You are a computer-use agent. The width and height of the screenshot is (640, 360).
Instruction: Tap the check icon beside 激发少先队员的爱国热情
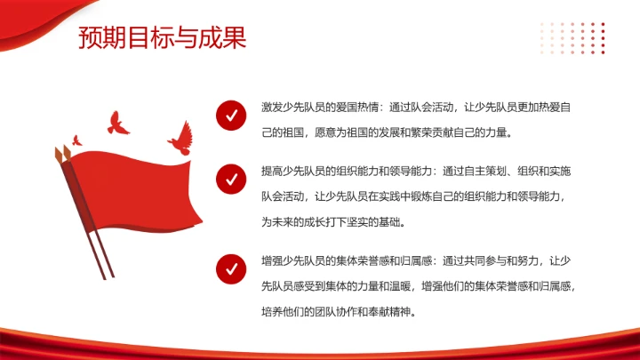click(231, 116)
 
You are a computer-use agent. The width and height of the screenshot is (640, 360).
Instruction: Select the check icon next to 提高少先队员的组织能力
click(231, 179)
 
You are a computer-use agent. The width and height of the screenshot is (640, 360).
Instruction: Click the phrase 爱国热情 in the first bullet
click(356, 107)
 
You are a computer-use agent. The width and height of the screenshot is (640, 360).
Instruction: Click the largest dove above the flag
click(180, 136)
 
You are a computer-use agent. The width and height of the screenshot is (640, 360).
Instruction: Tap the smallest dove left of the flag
click(76, 140)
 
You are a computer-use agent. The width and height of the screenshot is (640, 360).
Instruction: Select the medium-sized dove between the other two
click(117, 124)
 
